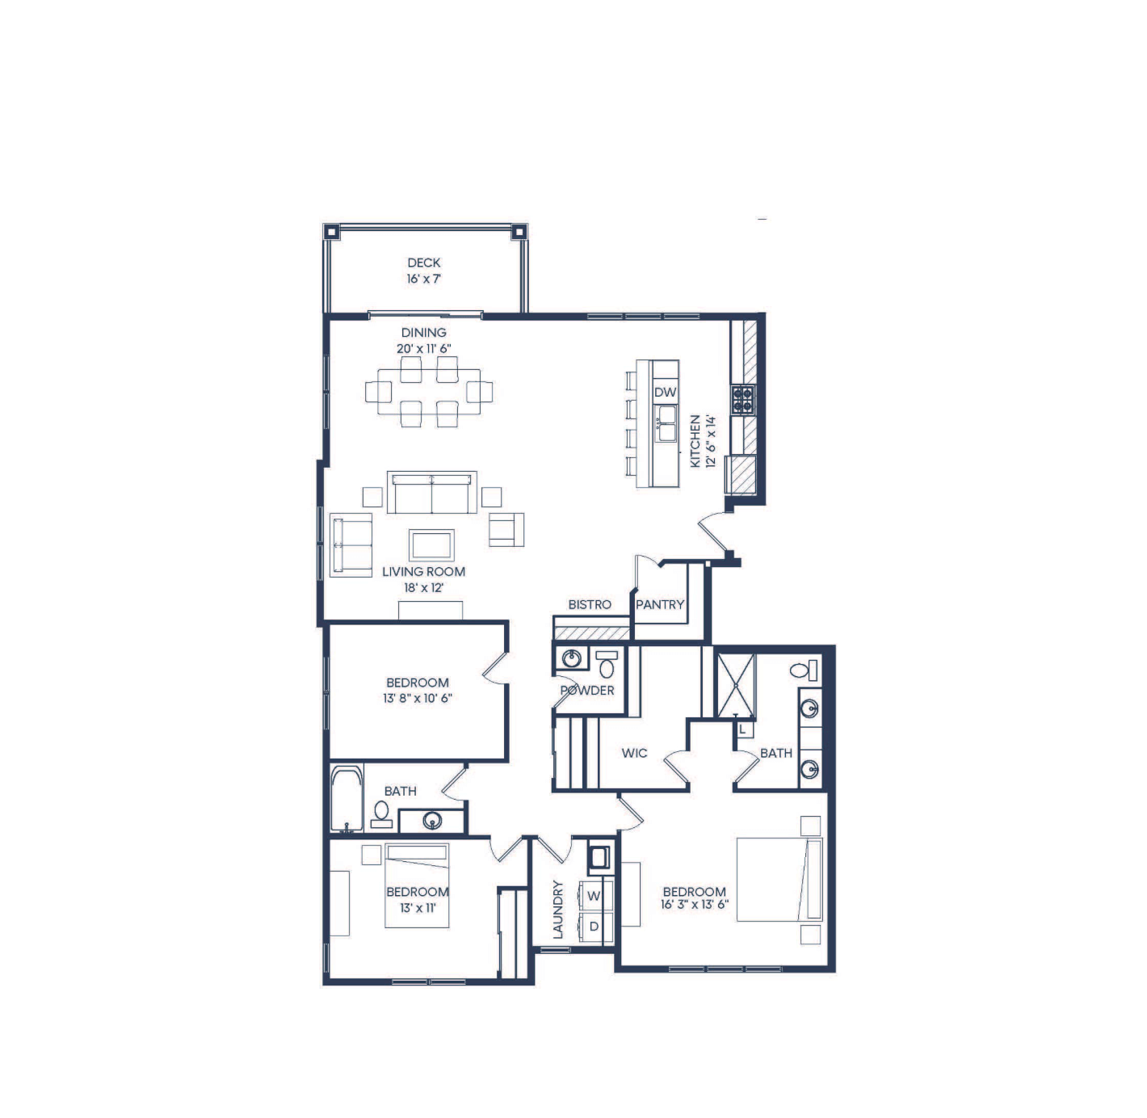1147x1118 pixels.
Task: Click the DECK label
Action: pos(424,263)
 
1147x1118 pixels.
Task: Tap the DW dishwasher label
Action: pos(665,392)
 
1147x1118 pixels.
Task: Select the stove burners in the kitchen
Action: pos(742,400)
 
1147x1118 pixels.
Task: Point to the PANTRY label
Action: pos(660,604)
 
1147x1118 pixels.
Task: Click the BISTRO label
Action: pos(590,604)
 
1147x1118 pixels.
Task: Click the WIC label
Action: pos(634,753)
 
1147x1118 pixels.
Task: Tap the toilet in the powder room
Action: pos(606,664)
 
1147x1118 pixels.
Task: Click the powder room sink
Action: pos(571,658)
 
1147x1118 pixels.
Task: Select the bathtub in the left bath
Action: pos(347,799)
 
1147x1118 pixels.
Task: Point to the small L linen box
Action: pos(743,729)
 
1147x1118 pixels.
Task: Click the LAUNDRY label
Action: pos(557,910)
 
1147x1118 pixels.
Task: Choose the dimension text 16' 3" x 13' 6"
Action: pos(695,905)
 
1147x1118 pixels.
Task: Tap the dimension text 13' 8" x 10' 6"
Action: pos(418,699)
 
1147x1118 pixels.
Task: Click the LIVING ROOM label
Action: pos(424,572)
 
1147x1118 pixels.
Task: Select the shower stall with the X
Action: pos(735,685)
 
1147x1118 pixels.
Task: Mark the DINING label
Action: pos(424,332)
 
